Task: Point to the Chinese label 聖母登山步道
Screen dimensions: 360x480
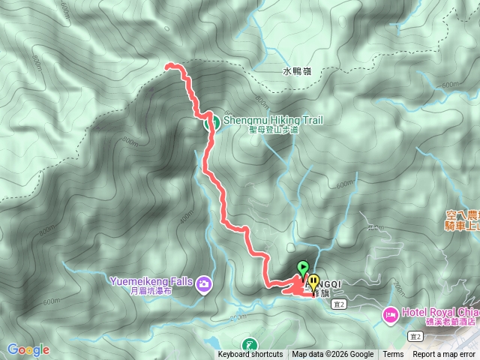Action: pos(274,129)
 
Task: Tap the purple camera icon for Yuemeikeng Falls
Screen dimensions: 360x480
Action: pos(204,284)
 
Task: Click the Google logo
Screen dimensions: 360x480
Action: pos(28,349)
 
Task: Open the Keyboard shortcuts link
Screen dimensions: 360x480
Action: pos(250,355)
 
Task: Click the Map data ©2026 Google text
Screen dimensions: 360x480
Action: pos(333,355)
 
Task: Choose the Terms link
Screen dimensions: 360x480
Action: pos(393,355)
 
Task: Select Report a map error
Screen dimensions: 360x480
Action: pos(444,355)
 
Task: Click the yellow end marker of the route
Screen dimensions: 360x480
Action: pos(313,283)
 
